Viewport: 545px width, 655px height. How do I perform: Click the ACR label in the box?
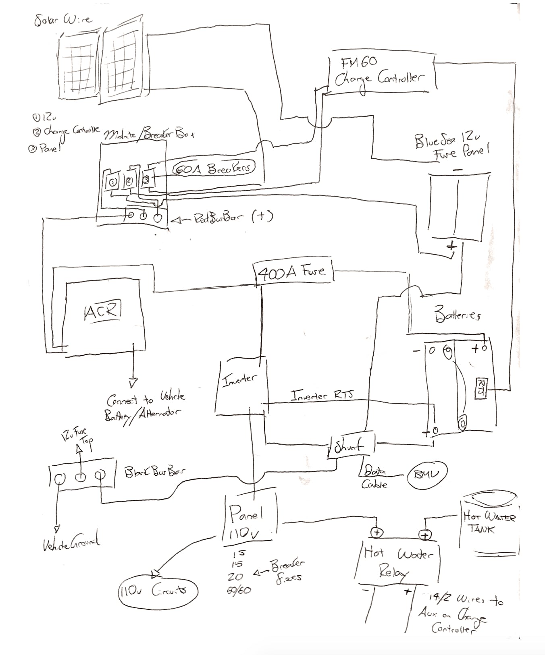point(102,310)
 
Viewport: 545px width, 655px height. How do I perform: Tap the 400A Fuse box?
point(293,273)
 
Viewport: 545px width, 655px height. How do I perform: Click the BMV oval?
point(427,474)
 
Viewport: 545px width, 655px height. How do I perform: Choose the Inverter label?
point(239,380)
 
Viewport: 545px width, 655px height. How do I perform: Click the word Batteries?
point(457,314)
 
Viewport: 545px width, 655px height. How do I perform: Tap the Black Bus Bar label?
point(154,472)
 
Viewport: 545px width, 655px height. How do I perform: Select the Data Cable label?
point(375,477)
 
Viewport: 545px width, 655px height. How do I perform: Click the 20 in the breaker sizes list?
point(235,576)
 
